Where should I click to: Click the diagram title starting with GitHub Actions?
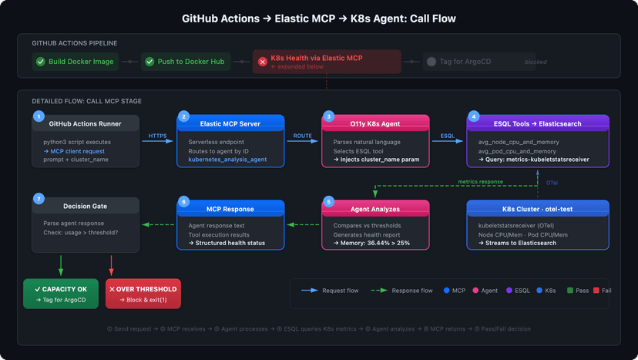pos(319,18)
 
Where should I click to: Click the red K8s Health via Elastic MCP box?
pos(327,62)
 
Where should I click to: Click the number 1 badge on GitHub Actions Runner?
pos(39,116)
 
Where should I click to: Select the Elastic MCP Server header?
pos(231,123)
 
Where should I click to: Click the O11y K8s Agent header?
pos(375,123)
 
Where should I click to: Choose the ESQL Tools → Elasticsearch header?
pos(538,123)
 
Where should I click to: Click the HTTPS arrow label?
pos(158,136)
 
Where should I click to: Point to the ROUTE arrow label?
pos(303,136)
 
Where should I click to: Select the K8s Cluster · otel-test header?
pos(538,209)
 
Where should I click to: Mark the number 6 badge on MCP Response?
pos(183,201)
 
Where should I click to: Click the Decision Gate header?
pos(86,206)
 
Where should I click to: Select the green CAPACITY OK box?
pos(61,294)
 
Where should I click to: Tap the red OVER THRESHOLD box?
pos(143,294)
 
